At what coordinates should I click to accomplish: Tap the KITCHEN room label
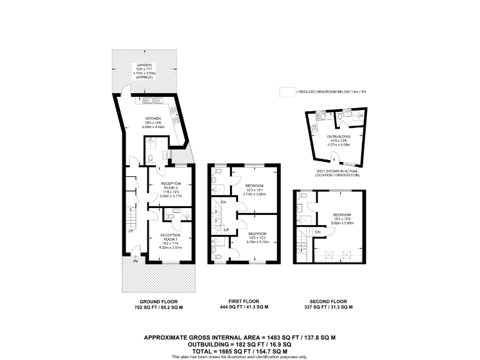(153, 118)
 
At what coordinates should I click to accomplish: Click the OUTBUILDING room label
(338, 136)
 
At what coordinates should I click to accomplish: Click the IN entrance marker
(135, 261)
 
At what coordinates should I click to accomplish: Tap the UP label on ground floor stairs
(131, 231)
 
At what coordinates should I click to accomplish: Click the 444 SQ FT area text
(244, 307)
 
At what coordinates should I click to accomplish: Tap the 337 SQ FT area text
(328, 307)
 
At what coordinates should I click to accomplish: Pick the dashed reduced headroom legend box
(287, 92)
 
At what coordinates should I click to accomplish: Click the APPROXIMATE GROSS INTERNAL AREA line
(240, 337)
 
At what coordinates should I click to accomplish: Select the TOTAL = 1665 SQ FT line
(240, 351)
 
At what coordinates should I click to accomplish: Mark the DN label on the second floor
(317, 232)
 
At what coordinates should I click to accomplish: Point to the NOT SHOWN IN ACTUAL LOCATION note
(338, 173)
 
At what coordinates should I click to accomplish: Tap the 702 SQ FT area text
(152, 307)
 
